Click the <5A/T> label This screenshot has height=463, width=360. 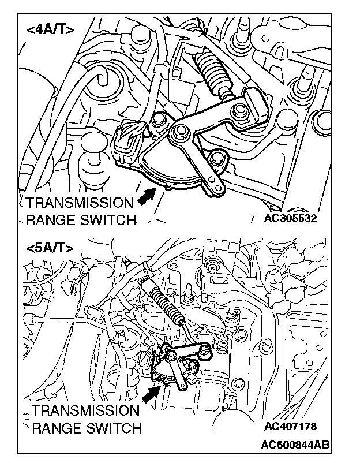point(50,248)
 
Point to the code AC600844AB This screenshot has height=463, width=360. point(295,445)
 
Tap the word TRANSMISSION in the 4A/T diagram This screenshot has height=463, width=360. point(79,203)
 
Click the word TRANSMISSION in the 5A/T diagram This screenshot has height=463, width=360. point(86,412)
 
